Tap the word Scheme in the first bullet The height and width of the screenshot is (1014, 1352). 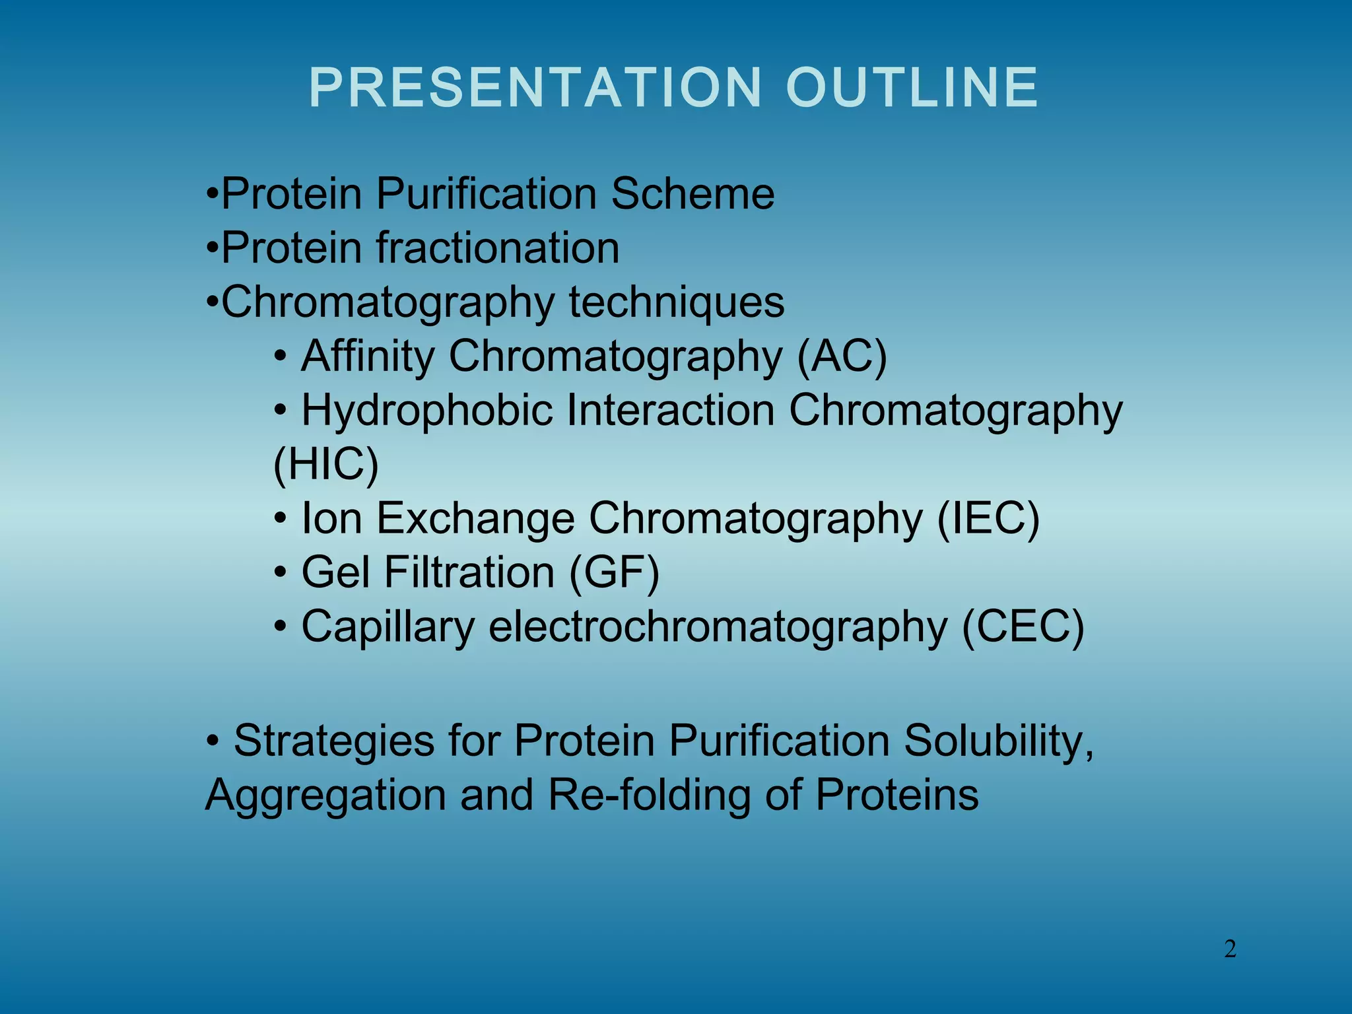pyautogui.click(x=693, y=194)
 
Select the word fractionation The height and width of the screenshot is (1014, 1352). pyautogui.click(x=498, y=248)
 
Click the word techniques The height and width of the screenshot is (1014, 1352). pyautogui.click(x=677, y=302)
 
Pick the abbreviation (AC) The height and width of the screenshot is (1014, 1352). pyautogui.click(x=842, y=356)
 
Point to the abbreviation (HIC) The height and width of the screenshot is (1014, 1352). pyautogui.click(x=326, y=464)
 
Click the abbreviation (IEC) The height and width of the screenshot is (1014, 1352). pyautogui.click(x=988, y=518)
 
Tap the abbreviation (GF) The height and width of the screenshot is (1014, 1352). pyautogui.click(x=614, y=572)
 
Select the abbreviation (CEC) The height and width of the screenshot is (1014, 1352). pyautogui.click(x=1023, y=626)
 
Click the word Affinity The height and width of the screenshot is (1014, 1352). pyautogui.click(x=368, y=356)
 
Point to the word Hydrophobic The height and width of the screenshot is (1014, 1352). pyautogui.click(x=427, y=410)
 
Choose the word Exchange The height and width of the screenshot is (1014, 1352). pyautogui.click(x=475, y=518)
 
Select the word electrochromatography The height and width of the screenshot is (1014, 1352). pyautogui.click(x=718, y=626)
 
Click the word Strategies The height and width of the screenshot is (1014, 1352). pyautogui.click(x=333, y=741)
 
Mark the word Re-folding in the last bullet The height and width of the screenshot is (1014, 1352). pyautogui.click(x=649, y=795)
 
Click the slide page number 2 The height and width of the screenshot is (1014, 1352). pyautogui.click(x=1230, y=949)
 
